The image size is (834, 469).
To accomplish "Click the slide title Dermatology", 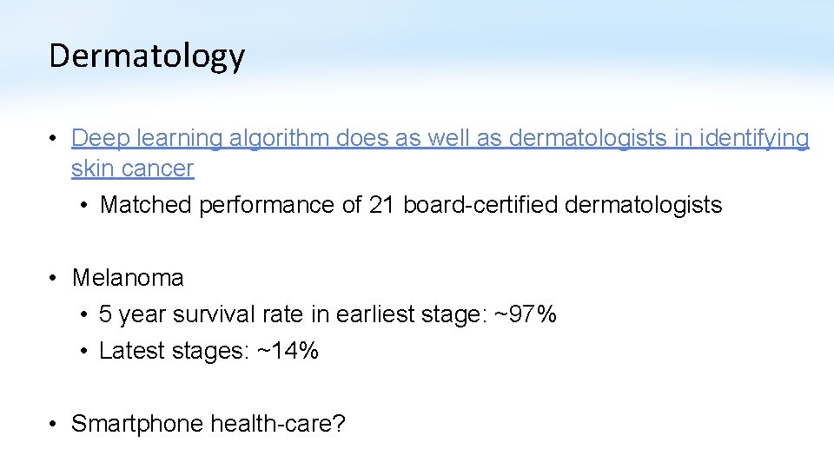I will (x=147, y=56).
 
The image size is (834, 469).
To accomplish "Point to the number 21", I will (x=381, y=205).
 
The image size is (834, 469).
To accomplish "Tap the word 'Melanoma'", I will (x=128, y=278).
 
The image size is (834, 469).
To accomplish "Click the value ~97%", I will (x=526, y=314).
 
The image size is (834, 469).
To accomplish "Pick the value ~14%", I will (x=288, y=351).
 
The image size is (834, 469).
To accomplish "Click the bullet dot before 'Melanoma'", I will (x=54, y=279).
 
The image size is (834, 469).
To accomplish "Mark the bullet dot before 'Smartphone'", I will (x=54, y=425).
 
